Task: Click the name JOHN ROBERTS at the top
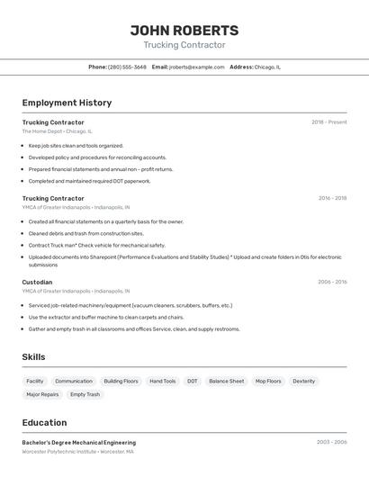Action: click(x=184, y=30)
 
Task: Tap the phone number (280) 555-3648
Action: click(x=127, y=67)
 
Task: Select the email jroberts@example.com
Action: click(x=196, y=67)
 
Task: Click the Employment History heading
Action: click(x=67, y=103)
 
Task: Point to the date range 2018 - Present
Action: click(x=328, y=121)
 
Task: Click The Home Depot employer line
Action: click(x=57, y=131)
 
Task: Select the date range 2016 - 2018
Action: click(x=332, y=198)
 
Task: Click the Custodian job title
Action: click(x=37, y=282)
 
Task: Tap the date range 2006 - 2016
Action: click(x=331, y=282)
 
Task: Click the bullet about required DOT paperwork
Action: click(x=89, y=181)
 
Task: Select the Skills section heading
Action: click(x=34, y=357)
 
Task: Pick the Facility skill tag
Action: click(x=35, y=381)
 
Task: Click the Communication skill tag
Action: click(x=74, y=381)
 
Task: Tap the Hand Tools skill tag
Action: click(x=163, y=381)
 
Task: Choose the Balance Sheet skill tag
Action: click(x=226, y=381)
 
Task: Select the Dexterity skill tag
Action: click(x=304, y=381)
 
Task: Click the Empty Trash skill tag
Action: click(x=85, y=394)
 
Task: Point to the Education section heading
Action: click(x=44, y=423)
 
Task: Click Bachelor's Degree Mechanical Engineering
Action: click(x=79, y=442)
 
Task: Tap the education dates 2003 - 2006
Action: click(x=331, y=442)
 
